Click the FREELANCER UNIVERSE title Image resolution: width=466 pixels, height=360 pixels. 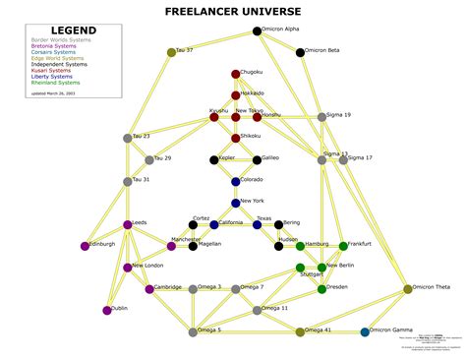coord(233,11)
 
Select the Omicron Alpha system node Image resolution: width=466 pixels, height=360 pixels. coord(258,31)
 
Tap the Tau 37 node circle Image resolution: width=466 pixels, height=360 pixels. coord(171,52)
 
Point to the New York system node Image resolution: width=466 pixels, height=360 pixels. coord(236,204)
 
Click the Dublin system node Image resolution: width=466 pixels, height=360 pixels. coord(106,311)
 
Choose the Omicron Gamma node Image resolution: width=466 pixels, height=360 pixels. coord(365,332)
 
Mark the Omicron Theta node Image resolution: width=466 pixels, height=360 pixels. coord(408,289)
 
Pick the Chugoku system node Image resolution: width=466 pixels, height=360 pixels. coord(236,74)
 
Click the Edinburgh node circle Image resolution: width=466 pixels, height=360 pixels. coord(85,246)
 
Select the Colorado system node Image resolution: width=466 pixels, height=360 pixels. coord(236,182)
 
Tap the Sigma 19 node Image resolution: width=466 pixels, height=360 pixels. coord(321,117)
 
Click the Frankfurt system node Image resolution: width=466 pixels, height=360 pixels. coord(343,246)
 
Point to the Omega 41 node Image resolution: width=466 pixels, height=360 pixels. coord(300,332)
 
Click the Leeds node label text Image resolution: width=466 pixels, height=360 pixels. coord(140,223)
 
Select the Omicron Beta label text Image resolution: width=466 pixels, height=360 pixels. coord(321,49)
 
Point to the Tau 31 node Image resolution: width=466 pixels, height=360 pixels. coord(128,182)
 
